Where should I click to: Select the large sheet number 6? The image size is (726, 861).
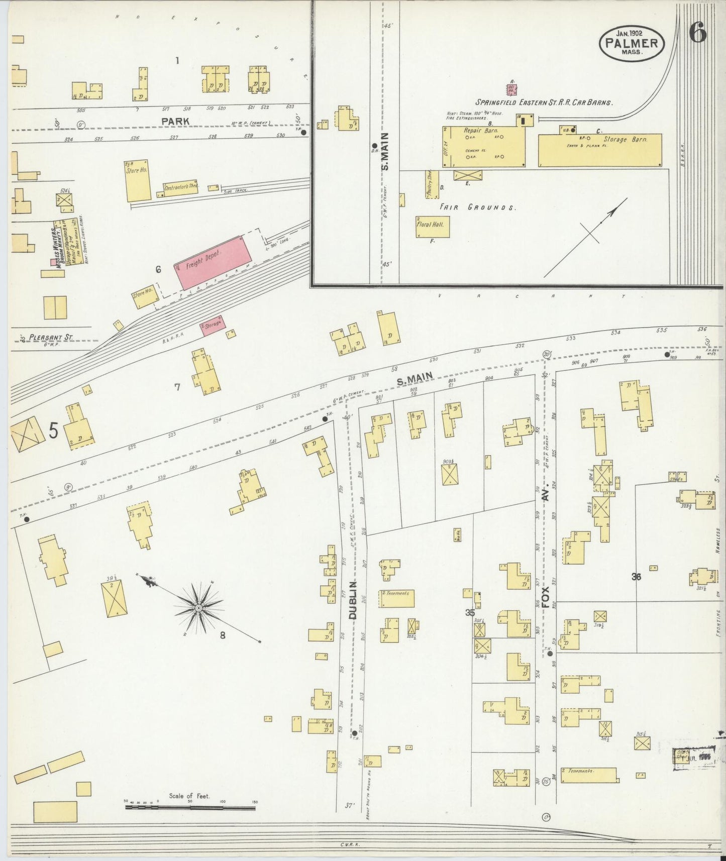pyautogui.click(x=698, y=33)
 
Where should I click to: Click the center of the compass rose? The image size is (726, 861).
pyautogui.click(x=199, y=608)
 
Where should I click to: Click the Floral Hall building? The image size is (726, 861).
pyautogui.click(x=432, y=226)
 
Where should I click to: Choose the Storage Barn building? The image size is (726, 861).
pyautogui.click(x=600, y=150)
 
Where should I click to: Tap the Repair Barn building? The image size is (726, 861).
pyautogui.click(x=483, y=146)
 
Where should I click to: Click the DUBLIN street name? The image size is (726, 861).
pyautogui.click(x=352, y=600)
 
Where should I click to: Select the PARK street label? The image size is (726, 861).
pyautogui.click(x=175, y=121)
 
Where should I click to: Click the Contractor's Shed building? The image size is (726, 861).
pyautogui.click(x=180, y=187)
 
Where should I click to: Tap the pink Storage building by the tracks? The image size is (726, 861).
pyautogui.click(x=213, y=326)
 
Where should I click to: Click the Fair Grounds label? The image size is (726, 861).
pyautogui.click(x=477, y=207)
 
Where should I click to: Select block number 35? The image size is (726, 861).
pyautogui.click(x=470, y=612)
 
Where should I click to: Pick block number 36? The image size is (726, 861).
pyautogui.click(x=636, y=577)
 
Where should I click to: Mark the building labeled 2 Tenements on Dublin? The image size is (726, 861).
pyautogui.click(x=397, y=598)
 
